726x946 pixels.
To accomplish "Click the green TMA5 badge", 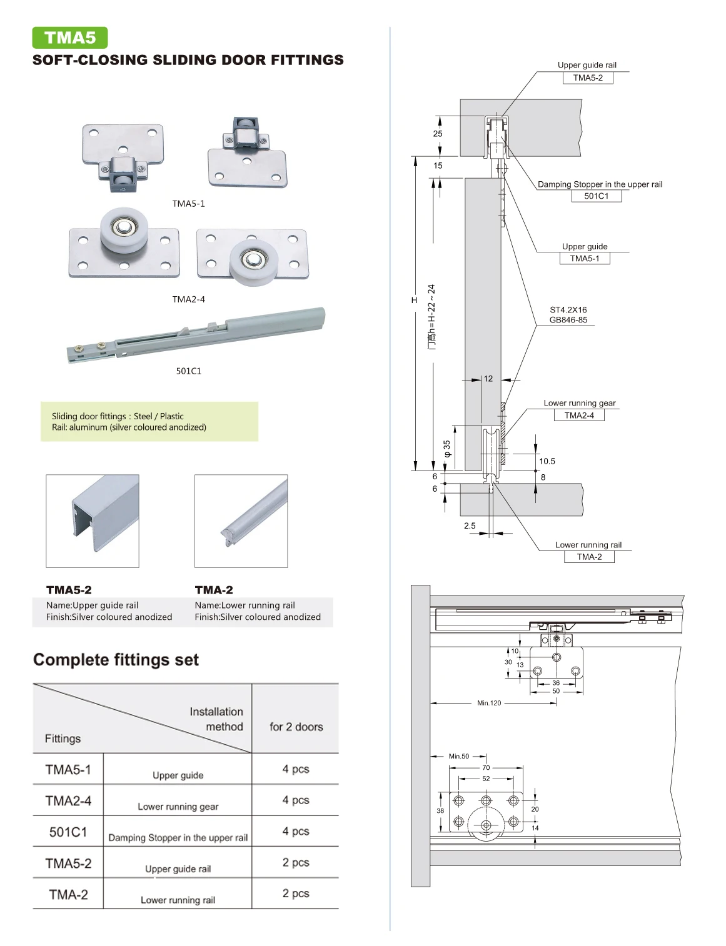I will click(x=69, y=37).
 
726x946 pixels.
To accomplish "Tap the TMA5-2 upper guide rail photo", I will click(x=93, y=520).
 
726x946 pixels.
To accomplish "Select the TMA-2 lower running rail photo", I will click(x=241, y=520).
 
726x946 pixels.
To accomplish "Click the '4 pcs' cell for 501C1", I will click(x=295, y=831).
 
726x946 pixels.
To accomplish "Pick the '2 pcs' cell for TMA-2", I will click(x=295, y=894).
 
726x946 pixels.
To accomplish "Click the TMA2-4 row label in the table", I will click(x=68, y=800).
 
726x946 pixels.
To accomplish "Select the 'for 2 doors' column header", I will click(x=296, y=727).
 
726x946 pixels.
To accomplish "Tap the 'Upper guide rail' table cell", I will click(x=178, y=869).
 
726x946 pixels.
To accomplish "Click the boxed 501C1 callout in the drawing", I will click(x=596, y=196).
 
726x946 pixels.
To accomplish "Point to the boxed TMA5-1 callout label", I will click(x=584, y=259).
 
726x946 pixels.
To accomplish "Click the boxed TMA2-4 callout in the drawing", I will click(x=579, y=415).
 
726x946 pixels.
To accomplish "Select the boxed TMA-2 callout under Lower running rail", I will click(x=589, y=557).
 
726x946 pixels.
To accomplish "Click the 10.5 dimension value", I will click(x=547, y=461).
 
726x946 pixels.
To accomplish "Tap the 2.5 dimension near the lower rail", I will click(x=470, y=525).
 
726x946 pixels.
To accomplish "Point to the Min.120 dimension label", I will click(x=489, y=703).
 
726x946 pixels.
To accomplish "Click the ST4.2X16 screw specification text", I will click(x=568, y=310).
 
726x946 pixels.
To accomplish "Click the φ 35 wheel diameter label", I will click(x=447, y=449).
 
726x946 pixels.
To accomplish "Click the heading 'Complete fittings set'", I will click(x=116, y=660).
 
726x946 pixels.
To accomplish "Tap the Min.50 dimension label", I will click(x=458, y=756).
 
